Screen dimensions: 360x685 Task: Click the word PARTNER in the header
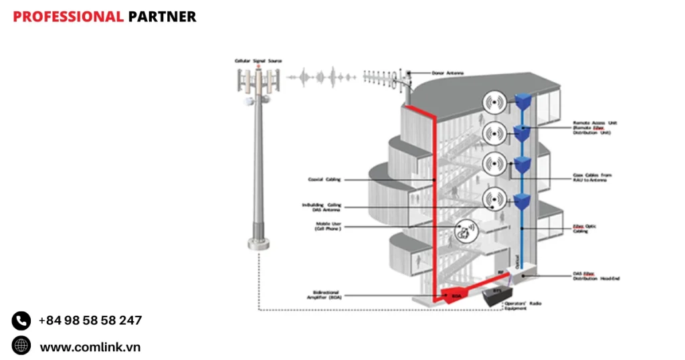(162, 17)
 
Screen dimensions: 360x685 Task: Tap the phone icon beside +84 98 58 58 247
(21, 321)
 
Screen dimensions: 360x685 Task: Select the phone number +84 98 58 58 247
(90, 321)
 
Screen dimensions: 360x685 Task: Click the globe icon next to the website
(21, 346)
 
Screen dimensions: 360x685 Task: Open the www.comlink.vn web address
(90, 347)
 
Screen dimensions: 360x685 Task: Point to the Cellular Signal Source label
(258, 61)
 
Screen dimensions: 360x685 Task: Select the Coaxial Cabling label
(324, 179)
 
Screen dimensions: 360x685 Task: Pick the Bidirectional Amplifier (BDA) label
(328, 294)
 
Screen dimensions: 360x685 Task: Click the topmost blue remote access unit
(522, 101)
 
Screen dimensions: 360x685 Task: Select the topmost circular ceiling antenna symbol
(494, 102)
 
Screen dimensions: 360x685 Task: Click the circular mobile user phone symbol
(466, 232)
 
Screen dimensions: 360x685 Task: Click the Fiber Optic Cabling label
(584, 228)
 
